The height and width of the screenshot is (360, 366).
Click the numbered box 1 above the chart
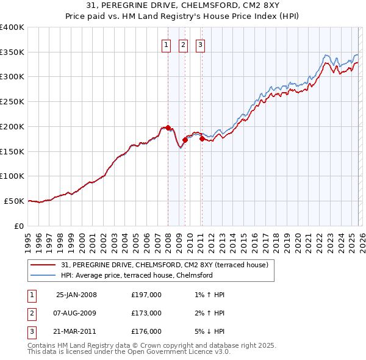coord(166,44)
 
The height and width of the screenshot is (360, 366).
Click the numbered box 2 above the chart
coord(183,44)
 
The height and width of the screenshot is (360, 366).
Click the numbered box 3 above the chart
coord(200,44)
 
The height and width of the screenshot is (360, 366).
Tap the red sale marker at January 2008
coord(168,128)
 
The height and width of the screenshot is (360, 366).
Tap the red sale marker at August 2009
coord(185,140)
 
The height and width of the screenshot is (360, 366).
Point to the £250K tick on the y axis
coord(12,102)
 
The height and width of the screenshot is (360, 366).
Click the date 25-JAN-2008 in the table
coord(76,295)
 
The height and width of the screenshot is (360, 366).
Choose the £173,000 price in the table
coord(146,314)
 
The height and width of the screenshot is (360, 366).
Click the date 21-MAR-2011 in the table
coord(76,332)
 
